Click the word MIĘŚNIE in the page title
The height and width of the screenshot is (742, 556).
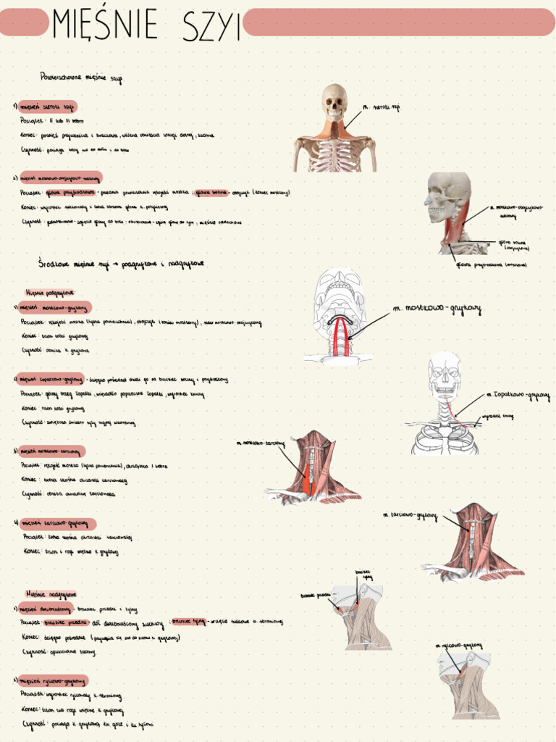pyautogui.click(x=105, y=25)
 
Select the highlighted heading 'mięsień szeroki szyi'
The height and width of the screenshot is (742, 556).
pyautogui.click(x=48, y=107)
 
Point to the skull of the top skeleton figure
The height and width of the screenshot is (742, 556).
pyautogui.click(x=334, y=101)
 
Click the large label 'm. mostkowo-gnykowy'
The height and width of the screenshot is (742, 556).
pyautogui.click(x=437, y=309)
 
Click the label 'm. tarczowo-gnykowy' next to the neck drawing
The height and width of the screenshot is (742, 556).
pyautogui.click(x=410, y=515)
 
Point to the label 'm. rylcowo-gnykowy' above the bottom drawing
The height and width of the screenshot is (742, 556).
pyautogui.click(x=458, y=644)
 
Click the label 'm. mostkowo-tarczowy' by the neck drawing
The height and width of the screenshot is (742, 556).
pyautogui.click(x=261, y=442)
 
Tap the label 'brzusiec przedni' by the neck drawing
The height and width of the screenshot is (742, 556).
pyautogui.click(x=315, y=595)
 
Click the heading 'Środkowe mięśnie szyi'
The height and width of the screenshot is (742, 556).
pyautogui.click(x=122, y=262)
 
